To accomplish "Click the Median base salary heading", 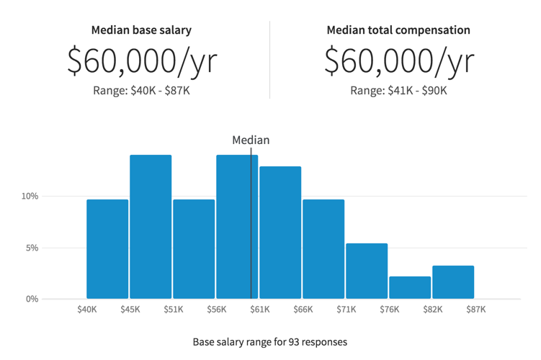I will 141,30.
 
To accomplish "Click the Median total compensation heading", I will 398,30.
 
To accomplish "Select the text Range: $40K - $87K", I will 141,91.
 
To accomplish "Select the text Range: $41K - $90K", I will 398,91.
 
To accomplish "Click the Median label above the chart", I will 251,140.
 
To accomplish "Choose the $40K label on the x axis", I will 87,310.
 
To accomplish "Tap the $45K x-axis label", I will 130,310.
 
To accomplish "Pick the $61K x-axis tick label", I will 260,310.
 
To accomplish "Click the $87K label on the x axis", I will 475,310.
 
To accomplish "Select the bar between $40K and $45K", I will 107,249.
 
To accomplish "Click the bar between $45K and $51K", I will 151,227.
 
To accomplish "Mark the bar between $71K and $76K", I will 367,271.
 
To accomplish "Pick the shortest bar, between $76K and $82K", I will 410,287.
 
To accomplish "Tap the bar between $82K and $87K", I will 453,282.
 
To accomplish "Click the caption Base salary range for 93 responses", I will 270,342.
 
